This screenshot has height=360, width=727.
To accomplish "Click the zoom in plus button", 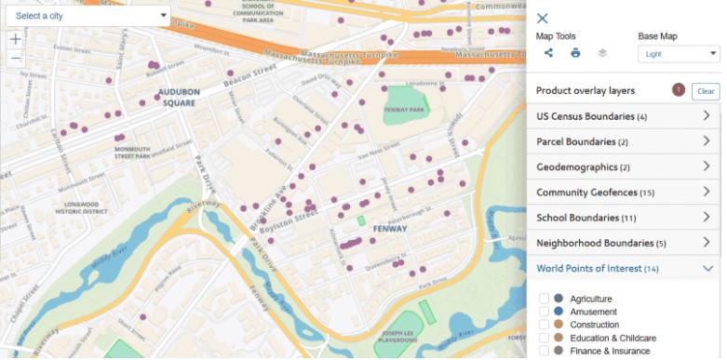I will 15,39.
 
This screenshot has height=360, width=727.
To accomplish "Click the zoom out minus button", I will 15,58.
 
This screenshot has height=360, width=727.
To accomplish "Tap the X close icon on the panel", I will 543,19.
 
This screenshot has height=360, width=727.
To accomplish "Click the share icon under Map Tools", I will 549,53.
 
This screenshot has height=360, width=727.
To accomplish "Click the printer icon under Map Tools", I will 575,53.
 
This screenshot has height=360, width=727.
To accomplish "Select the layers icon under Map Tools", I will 602,53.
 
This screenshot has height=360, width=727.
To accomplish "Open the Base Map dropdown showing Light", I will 679,54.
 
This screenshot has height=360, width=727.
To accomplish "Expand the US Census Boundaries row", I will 624,116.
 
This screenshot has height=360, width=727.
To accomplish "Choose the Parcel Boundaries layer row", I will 624,141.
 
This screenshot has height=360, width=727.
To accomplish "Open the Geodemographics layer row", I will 624,167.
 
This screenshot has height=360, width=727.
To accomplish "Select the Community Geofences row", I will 624,192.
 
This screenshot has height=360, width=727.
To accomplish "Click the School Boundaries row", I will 624,218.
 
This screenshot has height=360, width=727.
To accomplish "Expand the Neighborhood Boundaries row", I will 624,243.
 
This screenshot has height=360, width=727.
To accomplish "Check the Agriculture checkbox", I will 544,299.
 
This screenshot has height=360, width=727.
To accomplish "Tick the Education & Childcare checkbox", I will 544,338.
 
